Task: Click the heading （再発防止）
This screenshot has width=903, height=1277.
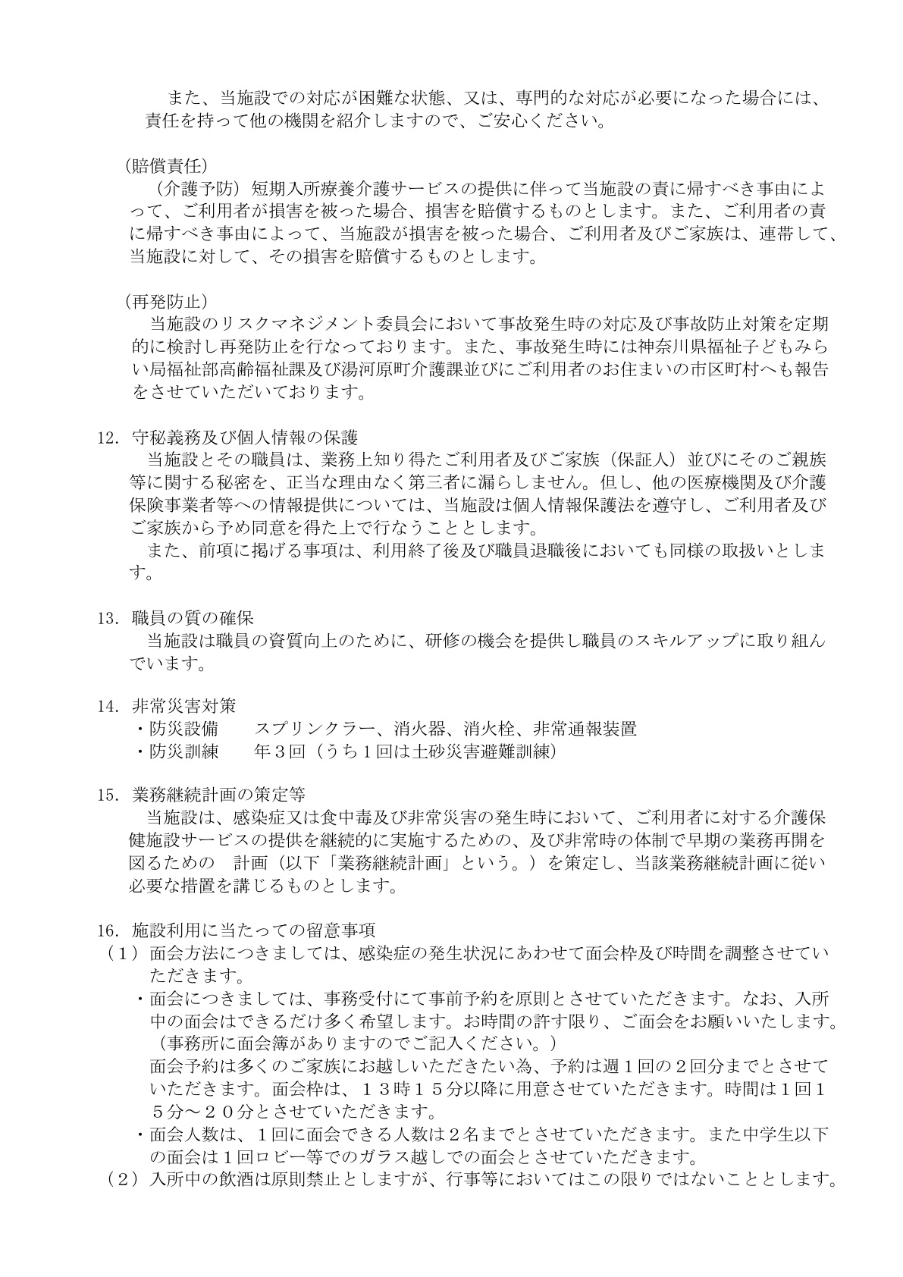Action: [x=165, y=302]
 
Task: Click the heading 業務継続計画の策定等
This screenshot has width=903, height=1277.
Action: [x=218, y=795]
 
